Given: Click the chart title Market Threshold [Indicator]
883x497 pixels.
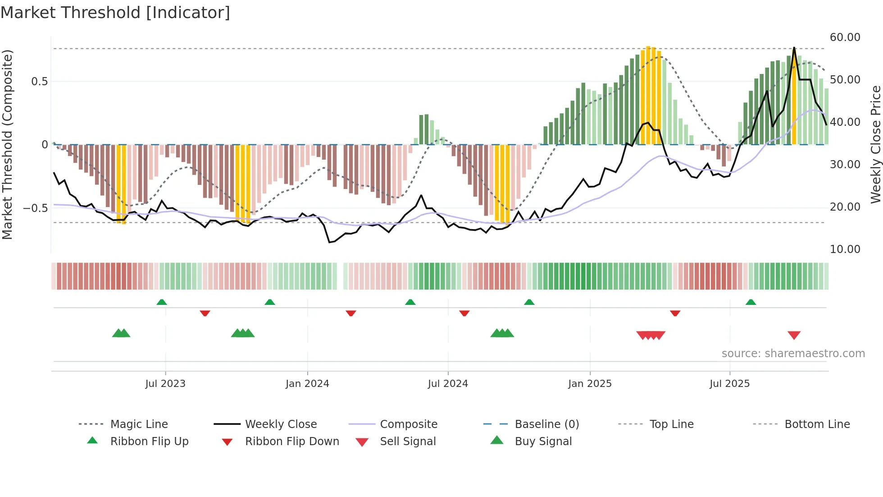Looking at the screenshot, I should [115, 13].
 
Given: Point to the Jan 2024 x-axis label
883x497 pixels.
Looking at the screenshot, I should [307, 384].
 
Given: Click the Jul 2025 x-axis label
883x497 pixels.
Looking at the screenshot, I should [729, 384].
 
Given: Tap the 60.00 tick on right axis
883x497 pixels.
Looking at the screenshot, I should [845, 37].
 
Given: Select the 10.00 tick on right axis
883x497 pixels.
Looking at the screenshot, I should [845, 249].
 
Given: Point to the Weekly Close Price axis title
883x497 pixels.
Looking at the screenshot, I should [875, 144].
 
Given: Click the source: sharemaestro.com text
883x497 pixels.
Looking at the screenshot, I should [793, 354].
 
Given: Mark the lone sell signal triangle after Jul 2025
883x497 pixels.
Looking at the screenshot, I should [794, 335].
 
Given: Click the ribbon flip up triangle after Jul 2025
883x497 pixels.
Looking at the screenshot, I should [751, 302].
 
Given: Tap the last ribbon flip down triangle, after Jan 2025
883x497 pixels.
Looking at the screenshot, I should [675, 313].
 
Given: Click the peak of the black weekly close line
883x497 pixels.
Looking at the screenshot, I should [794, 48].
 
